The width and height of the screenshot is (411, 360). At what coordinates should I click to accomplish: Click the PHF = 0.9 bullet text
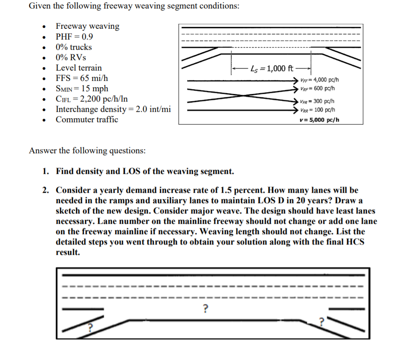pyautogui.click(x=75, y=37)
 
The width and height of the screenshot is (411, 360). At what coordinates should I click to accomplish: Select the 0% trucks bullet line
pyautogui.click(x=74, y=47)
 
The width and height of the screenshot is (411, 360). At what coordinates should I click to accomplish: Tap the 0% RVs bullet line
pyautogui.click(x=71, y=58)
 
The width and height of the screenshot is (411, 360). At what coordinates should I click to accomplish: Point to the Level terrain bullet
pyautogui.click(x=79, y=68)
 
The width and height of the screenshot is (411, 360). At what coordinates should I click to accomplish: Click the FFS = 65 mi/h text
pyautogui.click(x=82, y=78)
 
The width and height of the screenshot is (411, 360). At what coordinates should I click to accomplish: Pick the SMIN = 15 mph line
pyautogui.click(x=82, y=89)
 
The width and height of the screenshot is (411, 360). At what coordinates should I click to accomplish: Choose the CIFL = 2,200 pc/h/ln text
pyautogui.click(x=92, y=99)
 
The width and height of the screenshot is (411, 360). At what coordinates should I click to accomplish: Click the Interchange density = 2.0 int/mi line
pyautogui.click(x=113, y=109)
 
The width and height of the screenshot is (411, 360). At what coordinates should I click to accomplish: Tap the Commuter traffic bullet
pyautogui.click(x=87, y=120)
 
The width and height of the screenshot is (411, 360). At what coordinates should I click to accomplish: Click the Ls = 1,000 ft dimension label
pyautogui.click(x=272, y=69)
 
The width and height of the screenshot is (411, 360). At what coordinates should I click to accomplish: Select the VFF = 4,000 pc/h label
pyautogui.click(x=320, y=80)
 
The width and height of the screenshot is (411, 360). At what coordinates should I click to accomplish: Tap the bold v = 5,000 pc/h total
pyautogui.click(x=319, y=120)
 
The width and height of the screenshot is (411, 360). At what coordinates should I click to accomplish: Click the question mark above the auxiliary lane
pyautogui.click(x=205, y=308)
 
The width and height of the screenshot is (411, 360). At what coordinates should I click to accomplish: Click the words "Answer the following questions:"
pyautogui.click(x=87, y=151)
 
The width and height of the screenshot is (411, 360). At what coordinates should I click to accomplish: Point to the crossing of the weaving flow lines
pyautogui.click(x=243, y=95)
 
